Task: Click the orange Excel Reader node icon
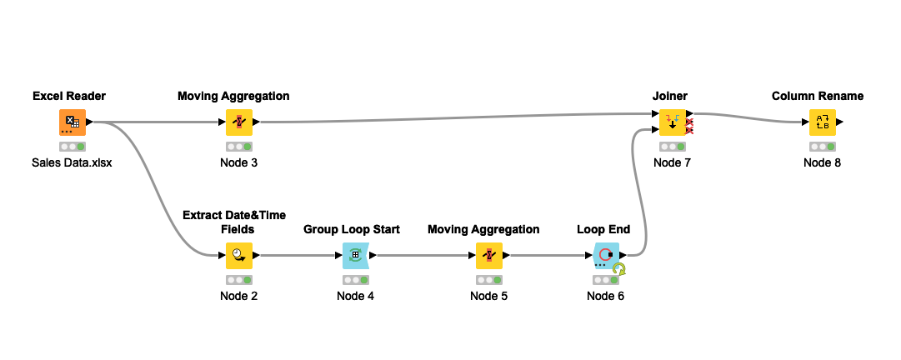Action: (x=72, y=122)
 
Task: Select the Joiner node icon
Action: (x=672, y=122)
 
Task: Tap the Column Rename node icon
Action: (x=823, y=122)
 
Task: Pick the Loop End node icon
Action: (x=605, y=256)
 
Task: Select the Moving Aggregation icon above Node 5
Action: (x=489, y=256)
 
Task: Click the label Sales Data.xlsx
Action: (x=72, y=163)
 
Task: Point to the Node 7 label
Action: (x=672, y=163)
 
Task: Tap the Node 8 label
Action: (x=823, y=163)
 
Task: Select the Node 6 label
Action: (x=605, y=297)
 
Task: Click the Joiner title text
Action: (x=670, y=96)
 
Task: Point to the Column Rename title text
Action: (x=818, y=96)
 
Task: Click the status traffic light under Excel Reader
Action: (x=72, y=147)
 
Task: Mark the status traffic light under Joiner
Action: (x=672, y=147)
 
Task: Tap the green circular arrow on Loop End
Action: (x=618, y=269)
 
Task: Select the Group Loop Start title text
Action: (x=352, y=230)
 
